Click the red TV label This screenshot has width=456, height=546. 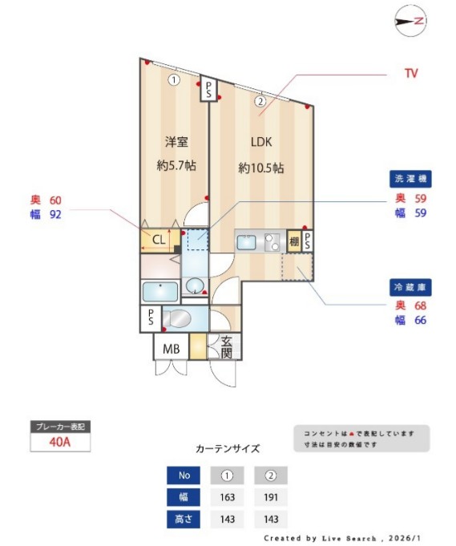411,73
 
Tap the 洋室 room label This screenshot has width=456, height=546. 176,143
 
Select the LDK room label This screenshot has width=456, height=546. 261,143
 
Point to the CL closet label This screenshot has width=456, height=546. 159,239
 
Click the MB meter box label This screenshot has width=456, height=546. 172,349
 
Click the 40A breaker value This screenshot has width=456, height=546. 59,442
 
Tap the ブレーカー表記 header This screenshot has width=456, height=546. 59,427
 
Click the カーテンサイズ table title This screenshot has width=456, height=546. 227,449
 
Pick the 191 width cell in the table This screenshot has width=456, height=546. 271,497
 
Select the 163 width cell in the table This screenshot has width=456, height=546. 227,497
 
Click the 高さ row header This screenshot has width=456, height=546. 183,519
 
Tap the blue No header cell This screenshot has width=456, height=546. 183,475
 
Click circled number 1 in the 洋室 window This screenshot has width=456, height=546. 174,79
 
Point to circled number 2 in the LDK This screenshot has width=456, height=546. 260,101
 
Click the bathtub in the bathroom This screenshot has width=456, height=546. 159,291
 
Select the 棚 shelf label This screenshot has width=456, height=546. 293,242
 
